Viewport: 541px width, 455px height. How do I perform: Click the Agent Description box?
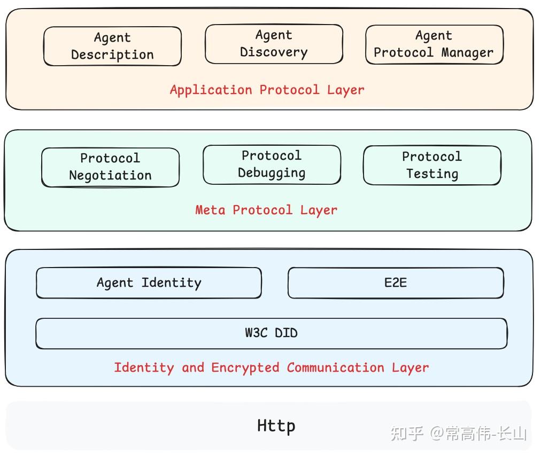point(112,46)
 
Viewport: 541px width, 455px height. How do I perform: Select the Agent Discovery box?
point(274,44)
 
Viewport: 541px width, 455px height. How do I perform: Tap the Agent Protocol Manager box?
point(434,44)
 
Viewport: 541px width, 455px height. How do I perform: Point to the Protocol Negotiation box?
point(110,167)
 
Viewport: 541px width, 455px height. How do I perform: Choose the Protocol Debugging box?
point(272,164)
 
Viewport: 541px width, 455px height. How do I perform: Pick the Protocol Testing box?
point(432,165)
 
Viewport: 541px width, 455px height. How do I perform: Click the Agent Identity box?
point(149,283)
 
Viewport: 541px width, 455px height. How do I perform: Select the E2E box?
point(396,283)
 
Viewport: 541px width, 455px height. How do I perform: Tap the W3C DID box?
point(271,333)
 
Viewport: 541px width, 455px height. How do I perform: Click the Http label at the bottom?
point(276,426)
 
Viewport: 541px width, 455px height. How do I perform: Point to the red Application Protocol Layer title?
point(267,90)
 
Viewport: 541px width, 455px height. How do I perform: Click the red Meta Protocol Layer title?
point(266,210)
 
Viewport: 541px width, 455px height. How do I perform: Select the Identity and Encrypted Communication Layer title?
point(271,367)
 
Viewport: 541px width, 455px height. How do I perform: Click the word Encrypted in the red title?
point(245,367)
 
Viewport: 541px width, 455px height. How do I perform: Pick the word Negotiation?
point(110,176)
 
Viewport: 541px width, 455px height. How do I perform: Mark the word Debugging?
point(272,173)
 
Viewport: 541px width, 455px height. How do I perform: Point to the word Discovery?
point(274,52)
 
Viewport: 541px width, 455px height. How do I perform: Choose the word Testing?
point(432,174)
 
